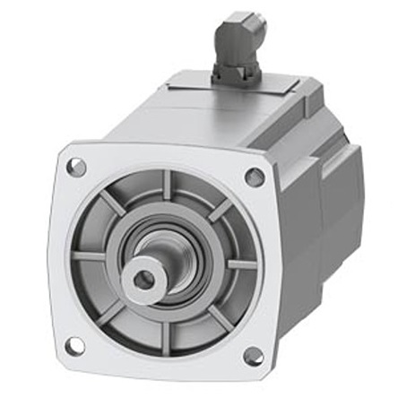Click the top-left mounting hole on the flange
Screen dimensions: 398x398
[x=77, y=166]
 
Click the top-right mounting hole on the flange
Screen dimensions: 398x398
[x=255, y=177]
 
